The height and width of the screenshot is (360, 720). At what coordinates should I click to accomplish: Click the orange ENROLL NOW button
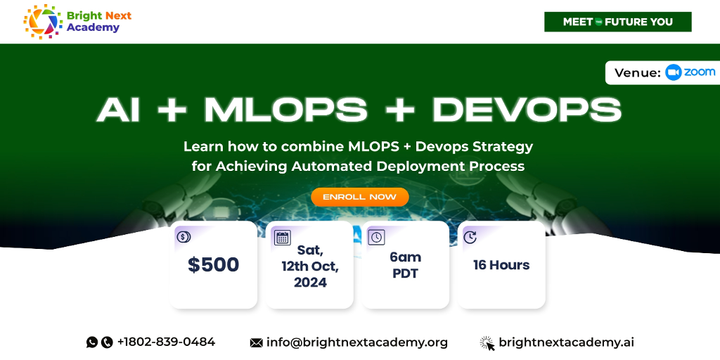click(360, 197)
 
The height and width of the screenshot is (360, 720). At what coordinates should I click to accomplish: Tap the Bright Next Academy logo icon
click(43, 21)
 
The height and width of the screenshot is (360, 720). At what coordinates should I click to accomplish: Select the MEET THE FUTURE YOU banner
click(617, 22)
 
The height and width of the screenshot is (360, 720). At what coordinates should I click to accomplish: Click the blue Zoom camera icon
click(673, 72)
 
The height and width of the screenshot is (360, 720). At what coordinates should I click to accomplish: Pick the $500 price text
click(214, 265)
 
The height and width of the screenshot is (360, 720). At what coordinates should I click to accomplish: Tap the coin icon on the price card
click(184, 237)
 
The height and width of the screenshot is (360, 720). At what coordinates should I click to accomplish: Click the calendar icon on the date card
click(283, 238)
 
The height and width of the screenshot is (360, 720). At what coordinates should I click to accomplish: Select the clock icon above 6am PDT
click(376, 238)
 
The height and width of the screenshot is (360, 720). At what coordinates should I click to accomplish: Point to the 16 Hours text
click(501, 265)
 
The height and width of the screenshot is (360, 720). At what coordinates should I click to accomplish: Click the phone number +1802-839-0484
click(166, 342)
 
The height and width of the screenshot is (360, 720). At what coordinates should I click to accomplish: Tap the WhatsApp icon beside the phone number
click(92, 342)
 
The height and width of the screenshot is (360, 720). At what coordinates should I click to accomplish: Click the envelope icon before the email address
click(256, 343)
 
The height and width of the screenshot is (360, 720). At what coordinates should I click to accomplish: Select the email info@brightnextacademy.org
click(356, 342)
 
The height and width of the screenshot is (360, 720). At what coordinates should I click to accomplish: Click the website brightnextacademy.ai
click(566, 342)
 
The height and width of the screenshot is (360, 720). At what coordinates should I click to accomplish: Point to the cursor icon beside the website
click(487, 343)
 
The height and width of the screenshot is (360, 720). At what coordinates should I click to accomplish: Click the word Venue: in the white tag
click(638, 73)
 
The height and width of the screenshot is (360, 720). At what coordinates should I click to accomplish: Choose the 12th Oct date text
click(310, 266)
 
